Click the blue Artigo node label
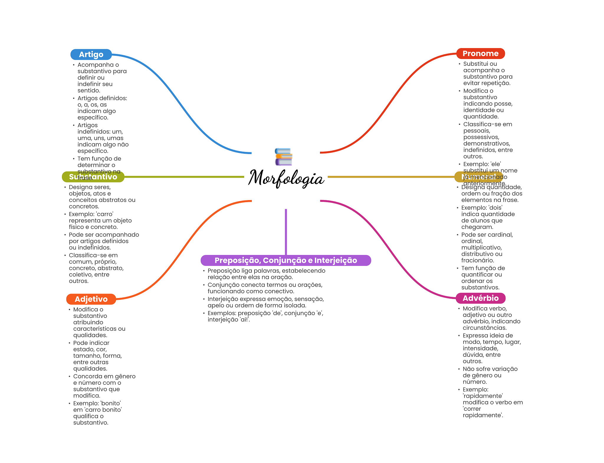tap(91, 55)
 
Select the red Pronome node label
tap(480, 54)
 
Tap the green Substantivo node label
tap(93, 177)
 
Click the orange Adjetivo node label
tap(91, 299)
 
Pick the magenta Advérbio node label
tap(480, 298)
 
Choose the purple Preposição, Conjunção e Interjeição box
tap(285, 260)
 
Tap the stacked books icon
tap(283, 157)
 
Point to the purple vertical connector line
tap(286, 232)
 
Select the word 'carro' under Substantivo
tap(105, 214)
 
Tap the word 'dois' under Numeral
tap(495, 208)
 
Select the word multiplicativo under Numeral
tap(481, 248)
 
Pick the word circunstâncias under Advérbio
tap(485, 328)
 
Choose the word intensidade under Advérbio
tap(480, 349)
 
